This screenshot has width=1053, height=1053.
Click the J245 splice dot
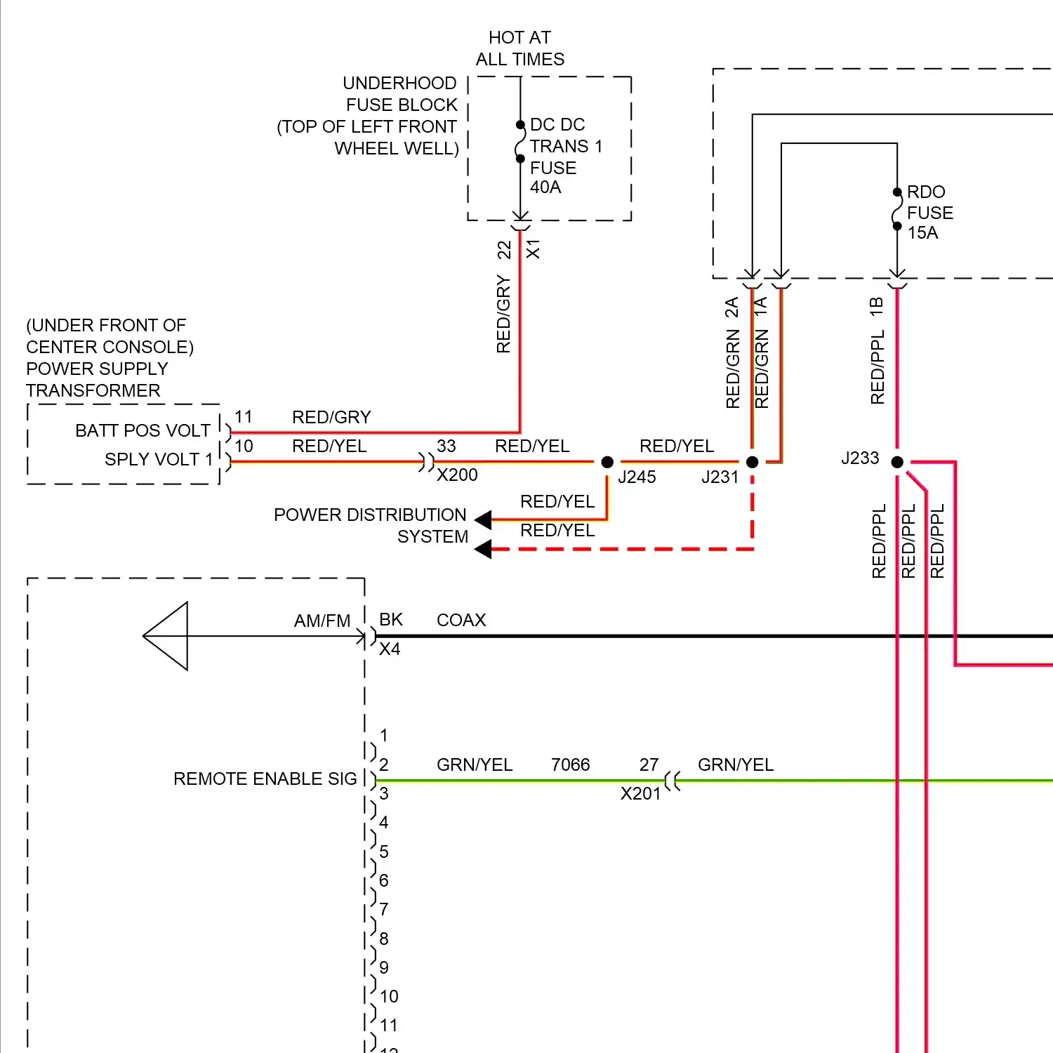point(607,462)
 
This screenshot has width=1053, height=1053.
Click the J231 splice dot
point(752,462)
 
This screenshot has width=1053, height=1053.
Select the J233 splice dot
point(897,462)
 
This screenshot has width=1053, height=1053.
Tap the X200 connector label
point(457,475)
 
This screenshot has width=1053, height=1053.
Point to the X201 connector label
point(640,794)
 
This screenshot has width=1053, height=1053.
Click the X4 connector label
point(390,649)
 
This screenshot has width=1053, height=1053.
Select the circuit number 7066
point(570,764)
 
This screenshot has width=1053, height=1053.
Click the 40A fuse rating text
point(545,187)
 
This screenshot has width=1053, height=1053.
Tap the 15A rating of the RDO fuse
point(922,233)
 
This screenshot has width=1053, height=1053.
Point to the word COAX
point(461,620)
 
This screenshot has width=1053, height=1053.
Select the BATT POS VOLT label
point(143,430)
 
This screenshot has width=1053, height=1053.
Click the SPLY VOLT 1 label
point(159,459)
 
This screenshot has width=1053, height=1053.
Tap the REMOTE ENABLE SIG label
point(265,779)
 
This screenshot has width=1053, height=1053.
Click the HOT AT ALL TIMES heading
point(519,48)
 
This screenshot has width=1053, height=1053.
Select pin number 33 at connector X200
point(446,446)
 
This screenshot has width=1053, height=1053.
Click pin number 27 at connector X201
point(649,764)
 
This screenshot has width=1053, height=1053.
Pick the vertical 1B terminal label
point(876,306)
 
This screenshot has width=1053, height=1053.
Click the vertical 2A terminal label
point(732,307)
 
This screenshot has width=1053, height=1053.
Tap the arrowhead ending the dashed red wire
point(483,549)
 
